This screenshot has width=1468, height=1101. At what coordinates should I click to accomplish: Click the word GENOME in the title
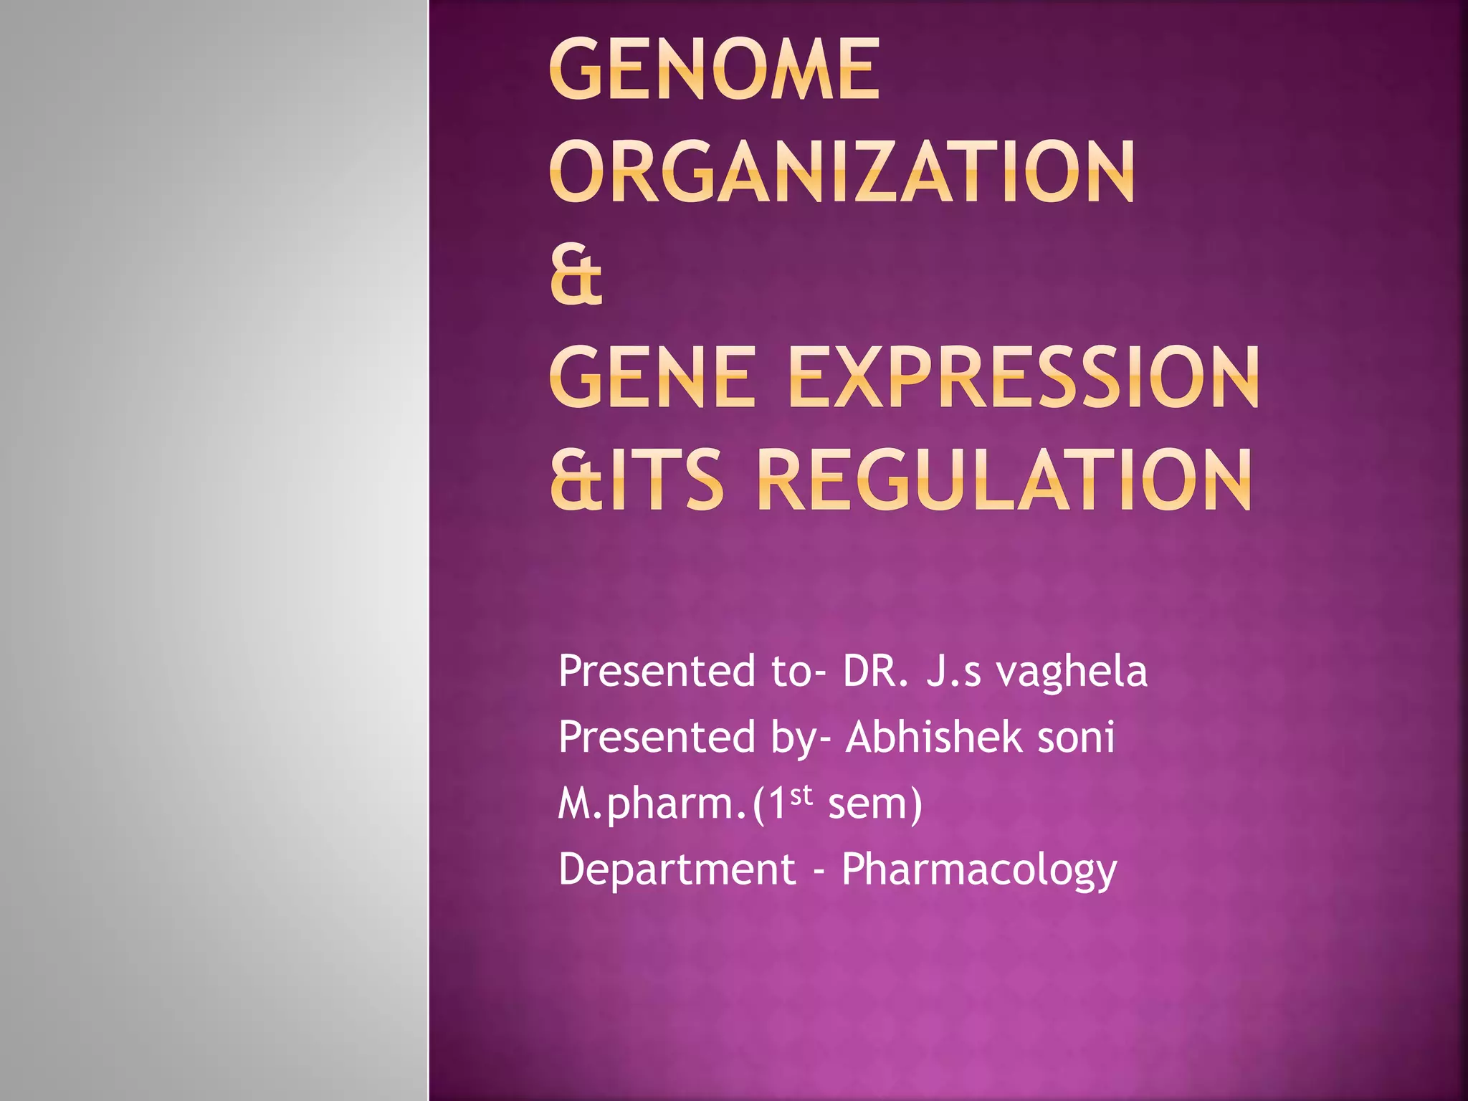click(x=715, y=70)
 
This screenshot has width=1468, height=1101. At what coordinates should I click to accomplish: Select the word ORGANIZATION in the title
click(x=842, y=172)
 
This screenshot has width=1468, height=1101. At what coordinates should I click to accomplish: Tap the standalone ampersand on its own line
click(x=576, y=276)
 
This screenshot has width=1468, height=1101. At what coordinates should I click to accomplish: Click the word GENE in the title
click(x=653, y=377)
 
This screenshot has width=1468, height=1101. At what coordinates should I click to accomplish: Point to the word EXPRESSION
click(x=1023, y=377)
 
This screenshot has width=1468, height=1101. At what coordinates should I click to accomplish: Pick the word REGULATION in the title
click(x=1004, y=480)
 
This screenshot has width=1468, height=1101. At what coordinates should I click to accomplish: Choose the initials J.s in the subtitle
click(x=953, y=672)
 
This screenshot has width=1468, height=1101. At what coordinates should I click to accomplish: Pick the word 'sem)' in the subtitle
click(x=874, y=804)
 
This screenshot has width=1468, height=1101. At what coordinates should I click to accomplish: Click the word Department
click(x=677, y=870)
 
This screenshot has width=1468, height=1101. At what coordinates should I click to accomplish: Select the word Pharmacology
click(x=978, y=870)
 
